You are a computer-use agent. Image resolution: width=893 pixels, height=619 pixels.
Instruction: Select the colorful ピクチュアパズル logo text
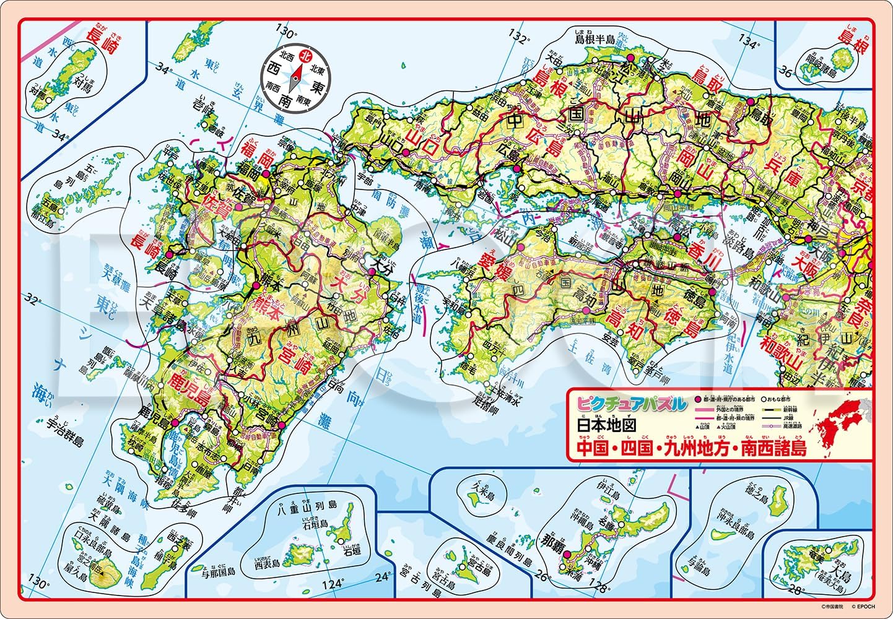click(631, 404)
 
